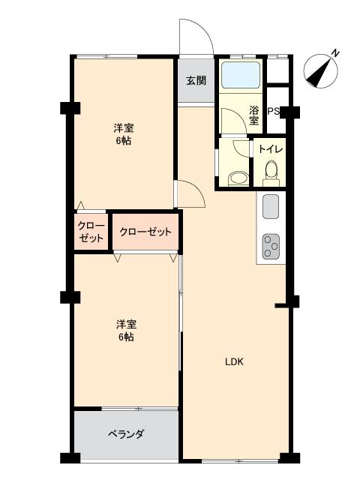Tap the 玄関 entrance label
coord(196,81)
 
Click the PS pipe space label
coord(274,112)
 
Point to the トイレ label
coord(271,149)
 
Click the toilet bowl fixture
coord(271,173)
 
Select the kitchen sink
coord(271,206)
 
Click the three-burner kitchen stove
coord(271,245)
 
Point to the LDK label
coord(235,361)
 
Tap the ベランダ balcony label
coord(125,434)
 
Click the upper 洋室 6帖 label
coord(124,134)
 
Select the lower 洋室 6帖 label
coord(125,331)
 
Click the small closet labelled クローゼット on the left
coord(91,232)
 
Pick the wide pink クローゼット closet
coord(145,232)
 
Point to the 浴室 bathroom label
coord(254,114)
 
